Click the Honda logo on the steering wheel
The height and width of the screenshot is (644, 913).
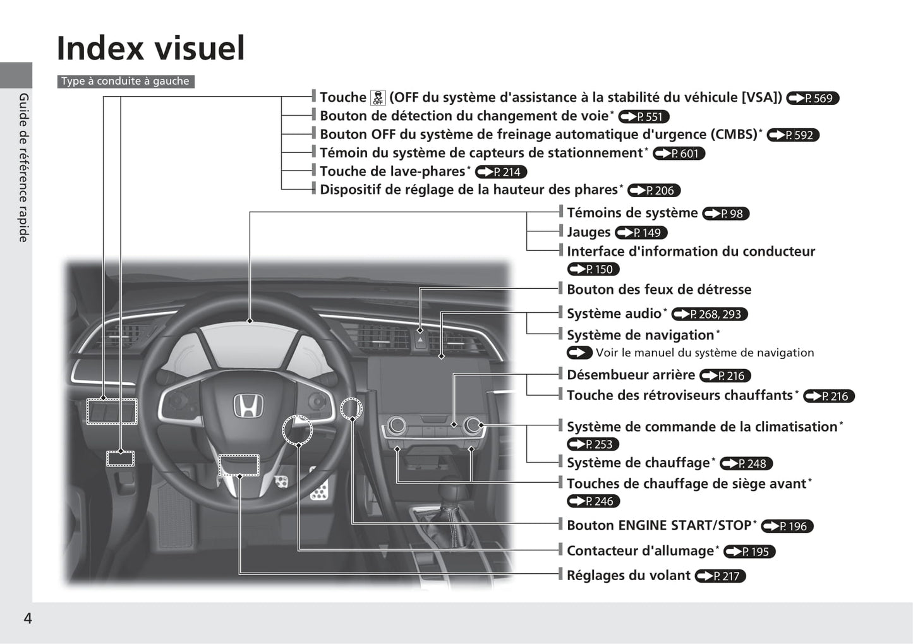(x=248, y=406)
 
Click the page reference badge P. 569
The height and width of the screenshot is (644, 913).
(x=813, y=98)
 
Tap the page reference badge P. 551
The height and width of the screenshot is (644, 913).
(x=644, y=116)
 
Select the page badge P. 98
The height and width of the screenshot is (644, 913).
(x=726, y=214)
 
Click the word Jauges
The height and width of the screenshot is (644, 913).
(x=589, y=232)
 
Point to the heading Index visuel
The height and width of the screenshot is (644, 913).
(x=151, y=48)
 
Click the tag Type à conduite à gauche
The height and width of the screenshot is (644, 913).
(x=126, y=81)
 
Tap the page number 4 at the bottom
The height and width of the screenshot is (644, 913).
(x=28, y=618)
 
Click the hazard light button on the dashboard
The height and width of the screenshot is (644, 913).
(x=420, y=341)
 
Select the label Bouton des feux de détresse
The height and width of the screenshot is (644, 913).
(x=659, y=289)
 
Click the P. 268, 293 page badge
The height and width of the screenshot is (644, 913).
(x=710, y=314)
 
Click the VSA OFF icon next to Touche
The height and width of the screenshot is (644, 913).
(x=378, y=98)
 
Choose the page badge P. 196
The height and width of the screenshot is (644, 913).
(x=787, y=526)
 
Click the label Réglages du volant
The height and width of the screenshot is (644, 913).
(x=629, y=575)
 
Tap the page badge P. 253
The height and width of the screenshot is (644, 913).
(x=593, y=444)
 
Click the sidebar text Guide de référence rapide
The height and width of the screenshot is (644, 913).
(x=24, y=167)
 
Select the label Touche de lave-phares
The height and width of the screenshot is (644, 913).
(x=392, y=171)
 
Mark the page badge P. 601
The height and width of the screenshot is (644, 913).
(x=679, y=154)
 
